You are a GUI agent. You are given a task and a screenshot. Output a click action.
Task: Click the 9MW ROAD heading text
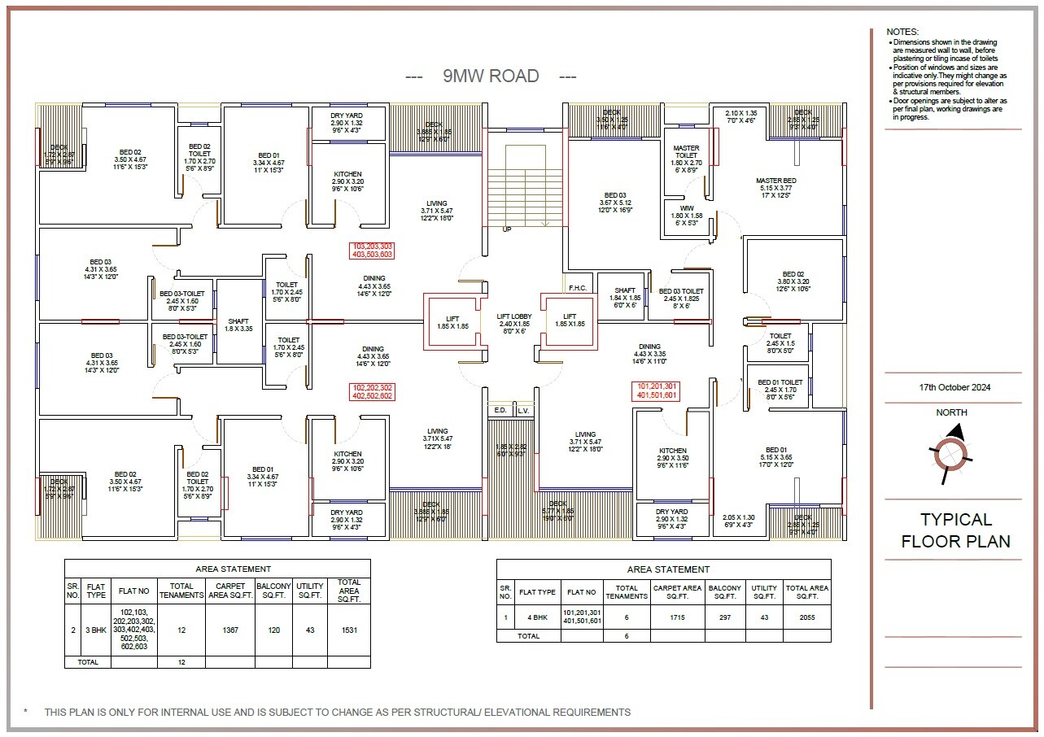pyautogui.click(x=491, y=76)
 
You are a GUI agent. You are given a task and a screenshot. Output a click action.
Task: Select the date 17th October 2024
pyautogui.click(x=954, y=387)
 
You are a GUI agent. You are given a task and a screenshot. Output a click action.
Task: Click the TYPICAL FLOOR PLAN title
pyautogui.click(x=955, y=530)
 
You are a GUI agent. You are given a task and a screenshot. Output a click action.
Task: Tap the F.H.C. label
pyautogui.click(x=578, y=287)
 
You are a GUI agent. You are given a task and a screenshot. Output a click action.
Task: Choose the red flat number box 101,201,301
pyautogui.click(x=657, y=390)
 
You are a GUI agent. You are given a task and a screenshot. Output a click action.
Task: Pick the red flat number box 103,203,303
pyautogui.click(x=373, y=250)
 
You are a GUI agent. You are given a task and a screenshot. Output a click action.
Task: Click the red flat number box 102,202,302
pyautogui.click(x=373, y=391)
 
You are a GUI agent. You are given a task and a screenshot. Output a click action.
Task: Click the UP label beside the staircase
pyautogui.click(x=506, y=229)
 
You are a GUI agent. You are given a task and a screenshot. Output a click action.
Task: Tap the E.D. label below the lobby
pyautogui.click(x=500, y=411)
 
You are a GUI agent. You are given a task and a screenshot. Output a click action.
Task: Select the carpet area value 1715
pyautogui.click(x=678, y=617)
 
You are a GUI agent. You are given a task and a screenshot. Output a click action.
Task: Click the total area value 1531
pyautogui.click(x=349, y=630)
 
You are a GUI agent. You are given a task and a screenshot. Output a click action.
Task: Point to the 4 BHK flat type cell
pyautogui.click(x=537, y=617)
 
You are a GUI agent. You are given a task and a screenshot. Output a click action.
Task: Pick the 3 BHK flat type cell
pyautogui.click(x=96, y=630)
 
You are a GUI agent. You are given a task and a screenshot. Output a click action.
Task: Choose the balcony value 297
pyautogui.click(x=724, y=617)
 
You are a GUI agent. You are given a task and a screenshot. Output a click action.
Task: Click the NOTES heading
pyautogui.click(x=902, y=32)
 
